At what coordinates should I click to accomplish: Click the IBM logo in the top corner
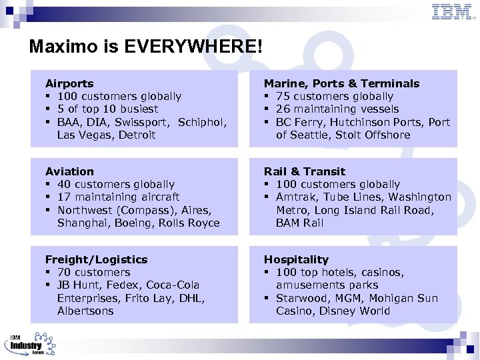(x=453, y=12)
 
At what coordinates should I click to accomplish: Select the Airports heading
(x=69, y=84)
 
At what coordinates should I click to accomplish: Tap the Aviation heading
(x=69, y=172)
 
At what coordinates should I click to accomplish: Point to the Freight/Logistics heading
(x=96, y=260)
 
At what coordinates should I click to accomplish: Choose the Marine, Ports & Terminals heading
(x=341, y=84)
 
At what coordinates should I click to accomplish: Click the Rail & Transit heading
(x=305, y=172)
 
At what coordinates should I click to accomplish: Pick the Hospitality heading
(x=296, y=260)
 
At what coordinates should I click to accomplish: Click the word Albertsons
(x=85, y=311)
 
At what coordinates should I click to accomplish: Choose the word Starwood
(x=302, y=299)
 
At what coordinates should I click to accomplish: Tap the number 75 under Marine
(x=283, y=97)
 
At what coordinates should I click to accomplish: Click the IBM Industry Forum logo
(x=29, y=343)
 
